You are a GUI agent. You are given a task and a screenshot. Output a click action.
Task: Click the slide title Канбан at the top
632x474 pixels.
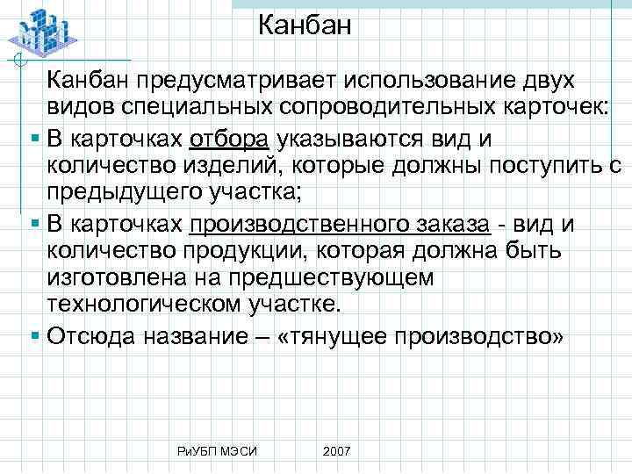click(305, 25)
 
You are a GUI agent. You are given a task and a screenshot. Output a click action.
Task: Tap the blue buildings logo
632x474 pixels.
click(41, 32)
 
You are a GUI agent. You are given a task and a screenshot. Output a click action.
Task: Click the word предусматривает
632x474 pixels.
click(237, 82)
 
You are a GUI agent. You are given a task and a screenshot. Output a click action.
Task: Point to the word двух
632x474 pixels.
click(542, 82)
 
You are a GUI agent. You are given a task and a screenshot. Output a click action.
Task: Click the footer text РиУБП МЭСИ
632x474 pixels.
click(217, 450)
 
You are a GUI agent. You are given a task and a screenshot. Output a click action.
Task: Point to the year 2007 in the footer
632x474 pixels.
click(337, 450)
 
